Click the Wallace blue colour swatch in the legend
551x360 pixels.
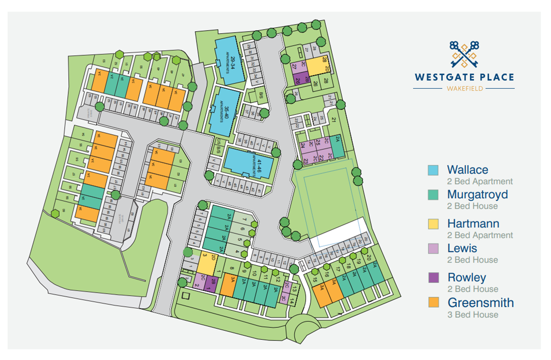pos(433,170)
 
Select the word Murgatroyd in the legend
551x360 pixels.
pos(477,194)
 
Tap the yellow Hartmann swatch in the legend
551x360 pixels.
pos(433,224)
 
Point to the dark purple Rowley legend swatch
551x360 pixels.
pos(433,278)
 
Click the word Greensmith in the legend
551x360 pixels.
pos(481,303)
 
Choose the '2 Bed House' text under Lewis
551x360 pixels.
pos(472,260)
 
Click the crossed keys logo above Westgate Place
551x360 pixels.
pos(464,54)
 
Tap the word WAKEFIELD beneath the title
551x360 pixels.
pos(465,89)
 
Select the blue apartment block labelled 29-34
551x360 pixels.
pos(230,61)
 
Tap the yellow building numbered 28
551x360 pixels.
pos(318,66)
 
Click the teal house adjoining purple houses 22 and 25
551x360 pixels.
pos(337,146)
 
